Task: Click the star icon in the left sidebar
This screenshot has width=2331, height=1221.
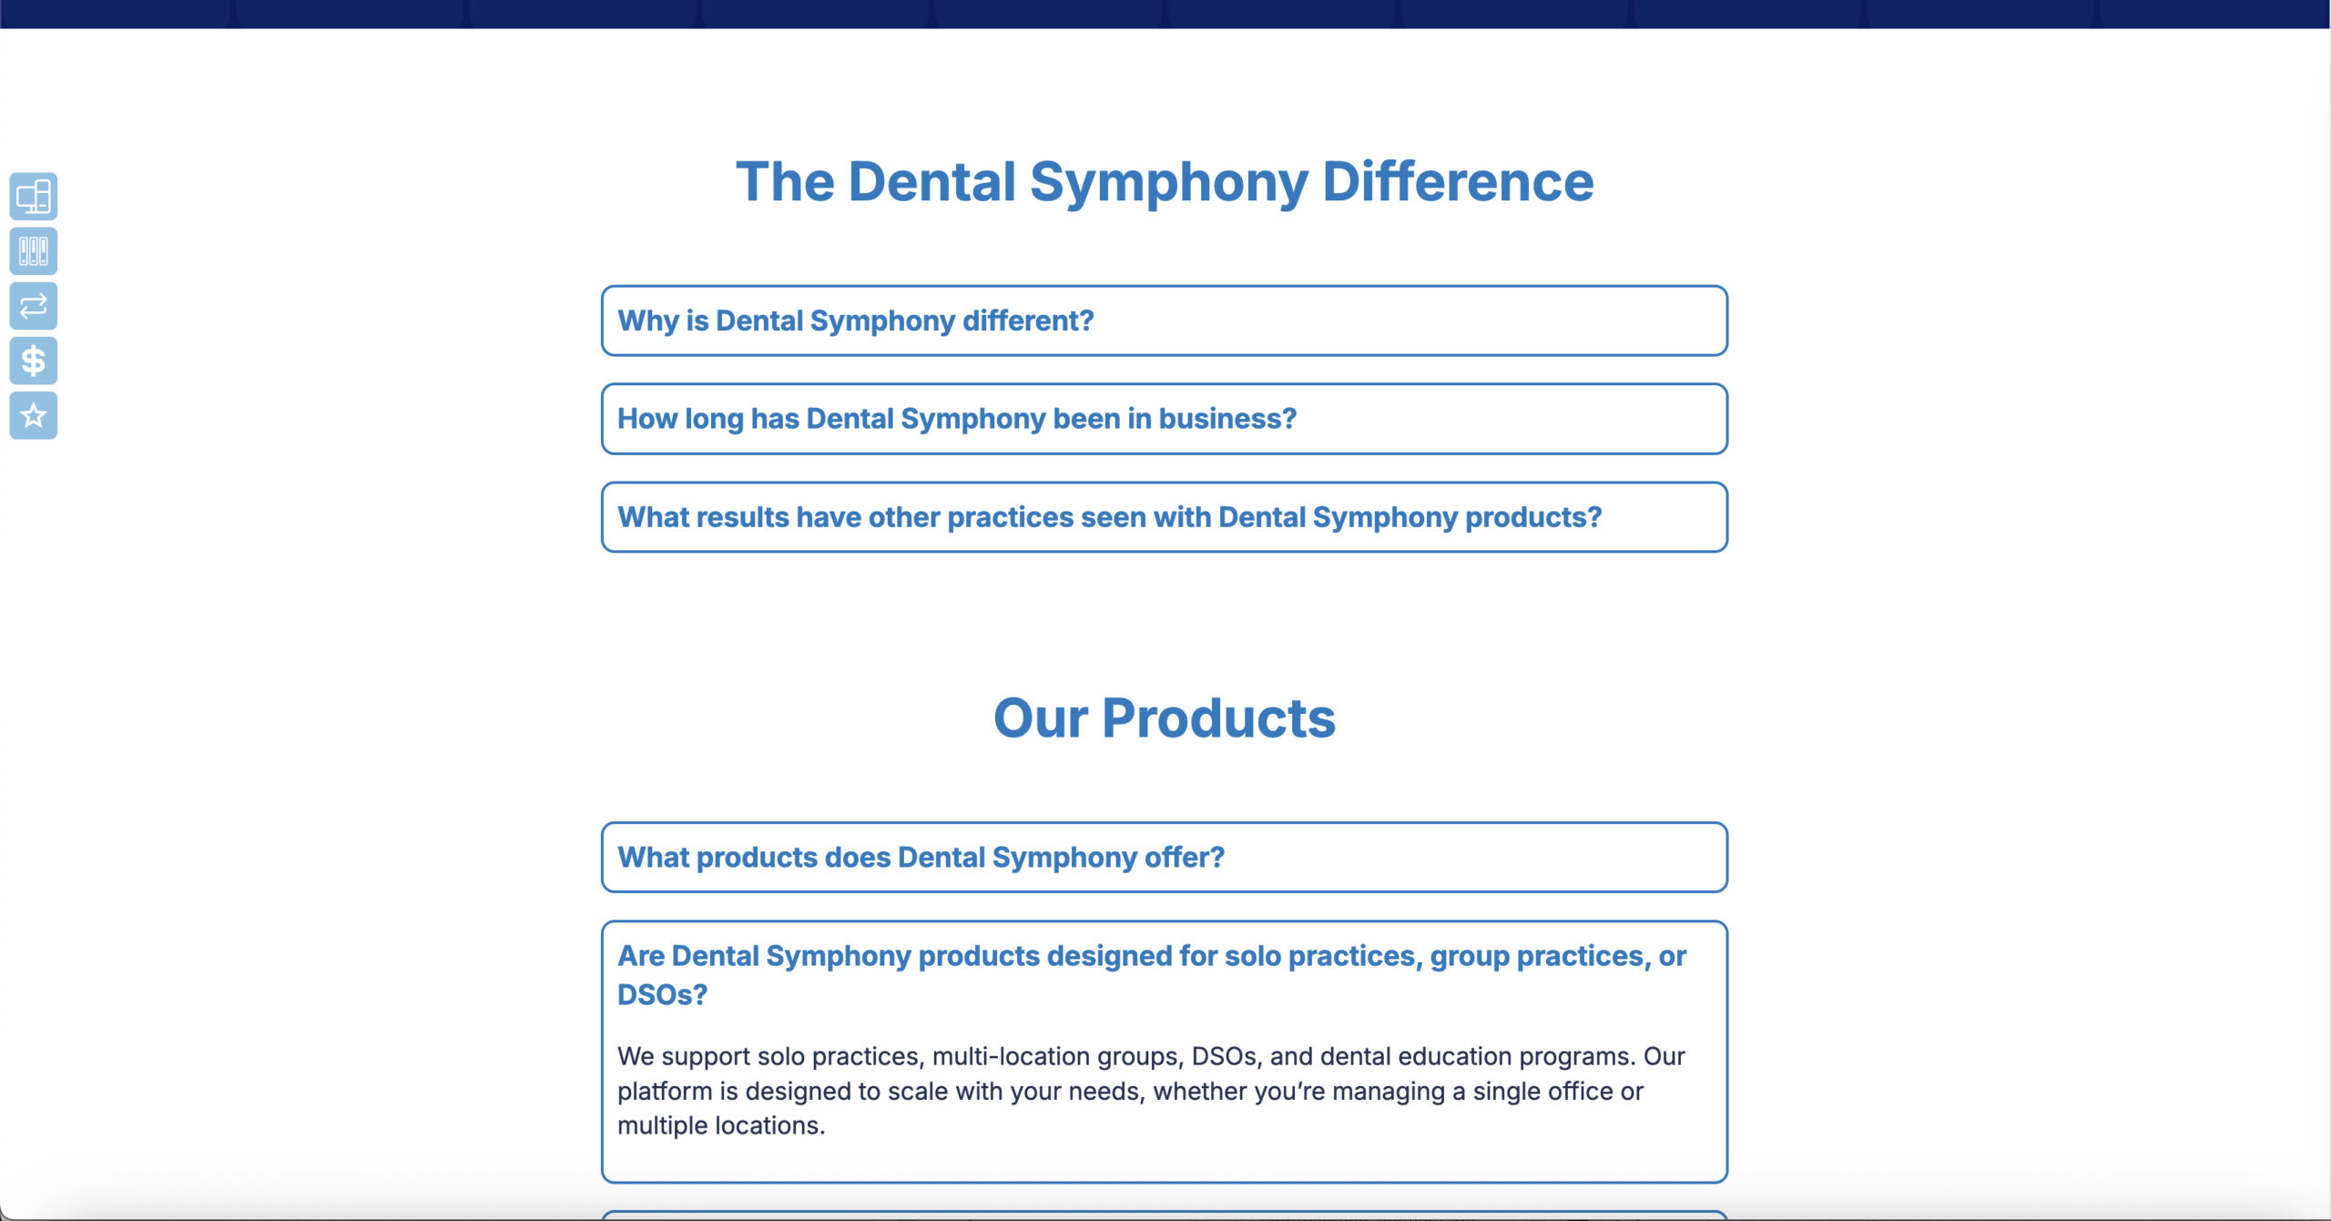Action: (34, 416)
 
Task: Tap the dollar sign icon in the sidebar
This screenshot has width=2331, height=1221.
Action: (34, 361)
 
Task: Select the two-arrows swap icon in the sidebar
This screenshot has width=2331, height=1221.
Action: (34, 306)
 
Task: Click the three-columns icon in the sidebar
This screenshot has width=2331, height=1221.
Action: (34, 251)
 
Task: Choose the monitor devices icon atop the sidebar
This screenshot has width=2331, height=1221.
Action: (34, 197)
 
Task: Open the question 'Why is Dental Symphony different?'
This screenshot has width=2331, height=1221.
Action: (855, 321)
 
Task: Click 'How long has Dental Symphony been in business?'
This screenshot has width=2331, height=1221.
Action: (956, 419)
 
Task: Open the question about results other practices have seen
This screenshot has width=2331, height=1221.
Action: (1109, 517)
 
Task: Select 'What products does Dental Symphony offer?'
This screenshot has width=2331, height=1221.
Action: (921, 858)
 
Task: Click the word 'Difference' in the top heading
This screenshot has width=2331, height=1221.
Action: (1458, 182)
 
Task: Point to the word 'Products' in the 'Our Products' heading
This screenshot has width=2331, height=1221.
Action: (1218, 718)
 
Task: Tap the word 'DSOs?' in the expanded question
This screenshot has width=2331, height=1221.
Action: (662, 995)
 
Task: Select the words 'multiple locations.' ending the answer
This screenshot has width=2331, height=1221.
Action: (721, 1126)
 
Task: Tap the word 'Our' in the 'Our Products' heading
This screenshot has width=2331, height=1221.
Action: (1041, 718)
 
